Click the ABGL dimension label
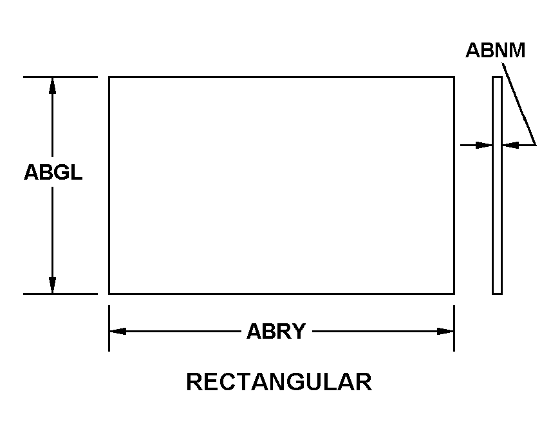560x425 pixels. coord(53,172)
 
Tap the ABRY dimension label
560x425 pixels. coord(276,331)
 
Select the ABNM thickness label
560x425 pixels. coord(496,50)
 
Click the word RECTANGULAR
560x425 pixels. coord(279,382)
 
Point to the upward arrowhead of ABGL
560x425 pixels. coord(53,86)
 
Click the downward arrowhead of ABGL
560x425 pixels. coord(53,285)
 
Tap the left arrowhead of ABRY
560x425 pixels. coord(118,332)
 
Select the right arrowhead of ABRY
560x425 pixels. coord(445,332)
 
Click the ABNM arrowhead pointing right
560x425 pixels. coord(484,146)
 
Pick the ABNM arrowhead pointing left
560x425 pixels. coord(510,146)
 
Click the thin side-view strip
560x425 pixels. coord(497,185)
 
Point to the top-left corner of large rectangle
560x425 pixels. coord(109,77)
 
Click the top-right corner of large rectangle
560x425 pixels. coord(454,77)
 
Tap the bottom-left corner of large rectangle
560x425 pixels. coord(109,294)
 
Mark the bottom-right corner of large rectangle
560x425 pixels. coord(454,294)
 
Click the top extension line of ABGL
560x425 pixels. coord(61,77)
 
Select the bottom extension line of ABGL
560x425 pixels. coord(61,294)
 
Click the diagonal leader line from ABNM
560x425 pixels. coord(519,104)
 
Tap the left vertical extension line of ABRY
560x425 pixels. coord(109,328)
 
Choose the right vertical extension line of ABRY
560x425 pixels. coord(454,328)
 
